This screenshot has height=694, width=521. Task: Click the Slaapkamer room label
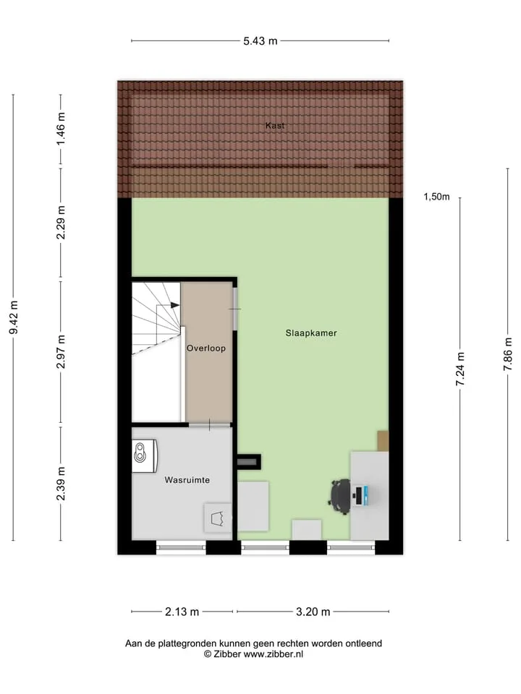tap(311, 333)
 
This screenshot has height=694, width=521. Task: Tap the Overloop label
tap(206, 348)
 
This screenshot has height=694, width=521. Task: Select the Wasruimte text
tap(187, 480)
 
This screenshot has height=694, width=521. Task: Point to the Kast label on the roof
tap(275, 125)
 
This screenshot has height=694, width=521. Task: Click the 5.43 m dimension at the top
tap(260, 41)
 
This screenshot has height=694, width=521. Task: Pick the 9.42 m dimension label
tap(14, 317)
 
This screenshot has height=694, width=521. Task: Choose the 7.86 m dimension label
tap(508, 354)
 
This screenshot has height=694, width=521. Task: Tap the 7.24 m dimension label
tap(460, 369)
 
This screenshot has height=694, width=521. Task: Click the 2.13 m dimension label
tap(182, 612)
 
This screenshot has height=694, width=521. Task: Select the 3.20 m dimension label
tap(313, 612)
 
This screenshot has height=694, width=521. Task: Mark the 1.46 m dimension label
tap(61, 129)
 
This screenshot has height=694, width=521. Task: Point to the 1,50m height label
tap(436, 197)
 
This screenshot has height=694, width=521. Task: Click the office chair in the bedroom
tap(340, 497)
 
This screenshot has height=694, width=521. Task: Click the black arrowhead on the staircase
tap(175, 305)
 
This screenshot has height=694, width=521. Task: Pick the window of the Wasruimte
tap(181, 547)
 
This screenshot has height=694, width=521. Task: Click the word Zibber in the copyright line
tap(227, 654)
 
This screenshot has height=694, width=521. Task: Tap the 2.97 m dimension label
tap(61, 352)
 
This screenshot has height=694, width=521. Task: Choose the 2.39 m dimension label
tap(61, 484)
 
